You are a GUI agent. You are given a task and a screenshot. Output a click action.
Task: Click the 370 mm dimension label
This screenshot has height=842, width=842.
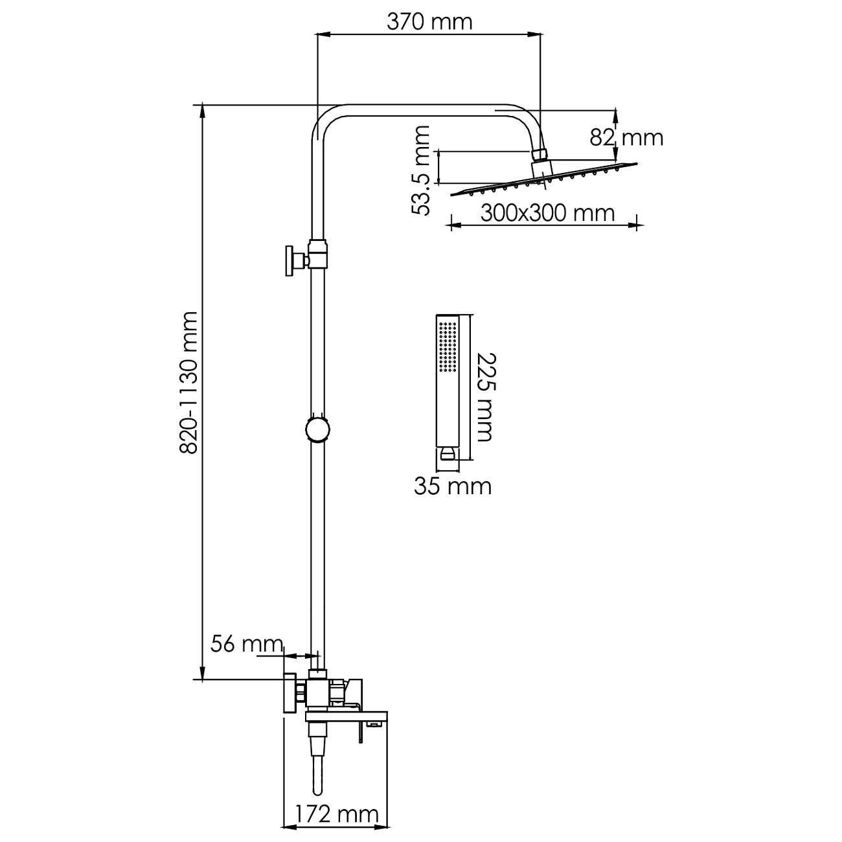point(429,22)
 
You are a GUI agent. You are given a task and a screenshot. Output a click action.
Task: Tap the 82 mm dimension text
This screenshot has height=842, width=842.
point(626,137)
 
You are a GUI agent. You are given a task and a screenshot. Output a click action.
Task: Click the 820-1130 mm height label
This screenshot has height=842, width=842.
point(188,382)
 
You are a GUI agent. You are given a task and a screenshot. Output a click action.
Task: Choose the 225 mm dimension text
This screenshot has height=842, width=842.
point(484,396)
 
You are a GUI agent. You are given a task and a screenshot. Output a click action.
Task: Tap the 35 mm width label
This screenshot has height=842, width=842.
point(453,486)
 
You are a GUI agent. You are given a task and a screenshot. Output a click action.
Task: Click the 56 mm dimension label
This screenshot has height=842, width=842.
point(247,644)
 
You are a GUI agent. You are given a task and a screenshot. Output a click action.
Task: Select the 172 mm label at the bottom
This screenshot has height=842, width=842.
point(337,814)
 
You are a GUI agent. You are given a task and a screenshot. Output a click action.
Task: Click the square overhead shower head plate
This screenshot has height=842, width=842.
point(544,181)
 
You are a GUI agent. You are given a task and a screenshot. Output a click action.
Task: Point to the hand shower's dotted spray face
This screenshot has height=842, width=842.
point(446,346)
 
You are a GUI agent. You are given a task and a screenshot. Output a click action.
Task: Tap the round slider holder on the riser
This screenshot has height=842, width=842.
point(317,429)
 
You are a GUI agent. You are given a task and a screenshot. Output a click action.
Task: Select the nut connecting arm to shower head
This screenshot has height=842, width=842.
point(540,154)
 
